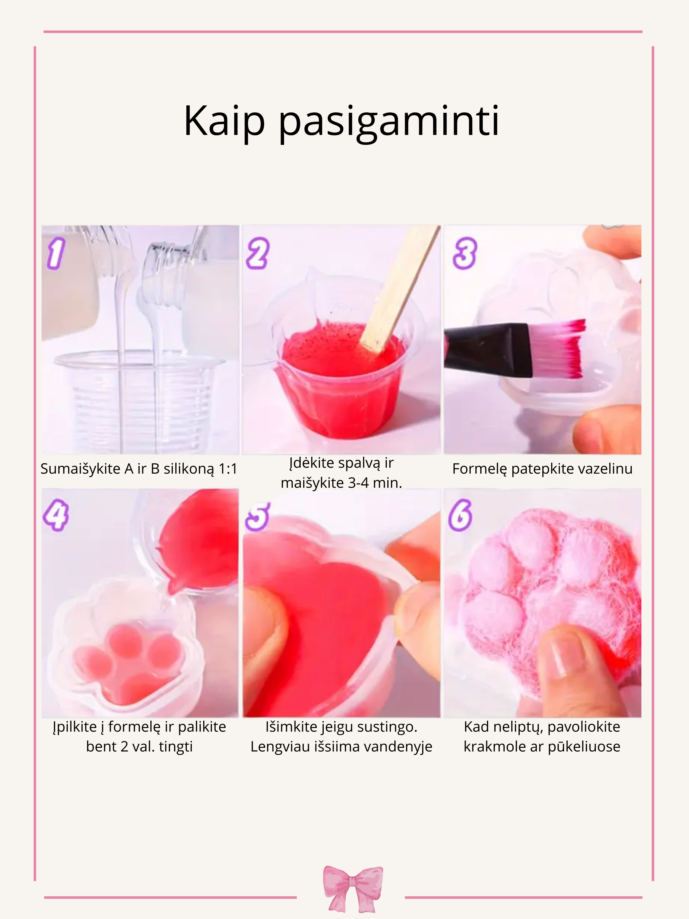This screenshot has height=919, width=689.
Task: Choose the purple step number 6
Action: (x=460, y=515)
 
